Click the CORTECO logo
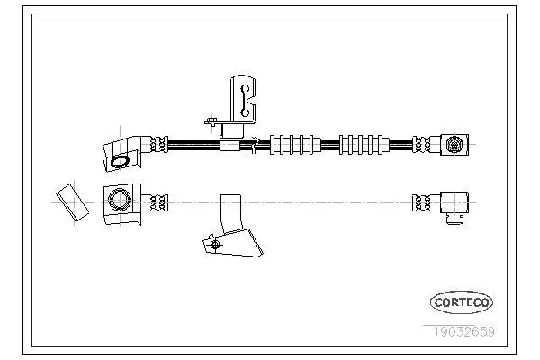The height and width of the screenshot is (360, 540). pos(462,302)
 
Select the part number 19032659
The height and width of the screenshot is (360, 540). pos(463,332)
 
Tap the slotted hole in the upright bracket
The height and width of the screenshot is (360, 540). pos(245,101)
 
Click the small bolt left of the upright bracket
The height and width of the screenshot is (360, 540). pos(211,121)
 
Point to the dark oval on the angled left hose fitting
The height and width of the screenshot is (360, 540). pos(120,162)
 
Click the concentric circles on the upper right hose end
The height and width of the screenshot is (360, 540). pos(454,144)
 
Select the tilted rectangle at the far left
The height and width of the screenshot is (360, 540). pos(73,202)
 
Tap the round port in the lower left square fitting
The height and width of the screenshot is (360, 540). pos(120,200)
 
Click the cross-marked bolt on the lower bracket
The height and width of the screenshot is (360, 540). pos(215,245)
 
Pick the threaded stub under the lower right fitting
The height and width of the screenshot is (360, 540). pos(454,219)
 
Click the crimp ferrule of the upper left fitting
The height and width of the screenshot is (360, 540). pos(159,144)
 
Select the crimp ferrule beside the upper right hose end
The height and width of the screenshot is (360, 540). pos(421,144)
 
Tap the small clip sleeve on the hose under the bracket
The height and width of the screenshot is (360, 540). pos(229,146)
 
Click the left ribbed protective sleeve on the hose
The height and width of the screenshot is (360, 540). pos(295,145)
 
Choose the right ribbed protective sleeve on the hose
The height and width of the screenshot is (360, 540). pos(364,145)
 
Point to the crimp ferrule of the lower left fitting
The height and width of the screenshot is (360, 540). pos(159,202)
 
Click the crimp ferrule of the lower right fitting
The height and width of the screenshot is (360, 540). pos(421,202)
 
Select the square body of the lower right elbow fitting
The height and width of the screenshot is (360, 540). pos(454,202)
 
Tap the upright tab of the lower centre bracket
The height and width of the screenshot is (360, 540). pos(230,213)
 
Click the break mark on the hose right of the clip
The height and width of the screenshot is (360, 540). pos(255,145)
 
